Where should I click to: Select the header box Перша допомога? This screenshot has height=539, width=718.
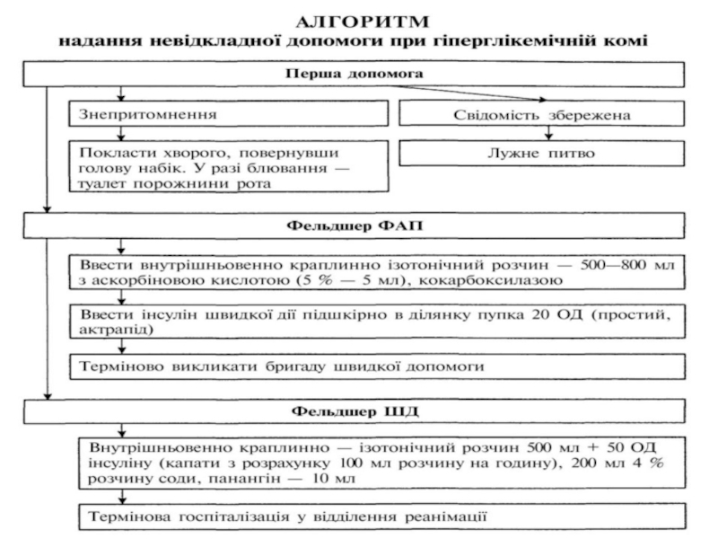click(x=355, y=74)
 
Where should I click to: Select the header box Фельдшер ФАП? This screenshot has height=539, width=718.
click(x=355, y=225)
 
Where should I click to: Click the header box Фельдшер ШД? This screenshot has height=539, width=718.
click(x=355, y=412)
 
